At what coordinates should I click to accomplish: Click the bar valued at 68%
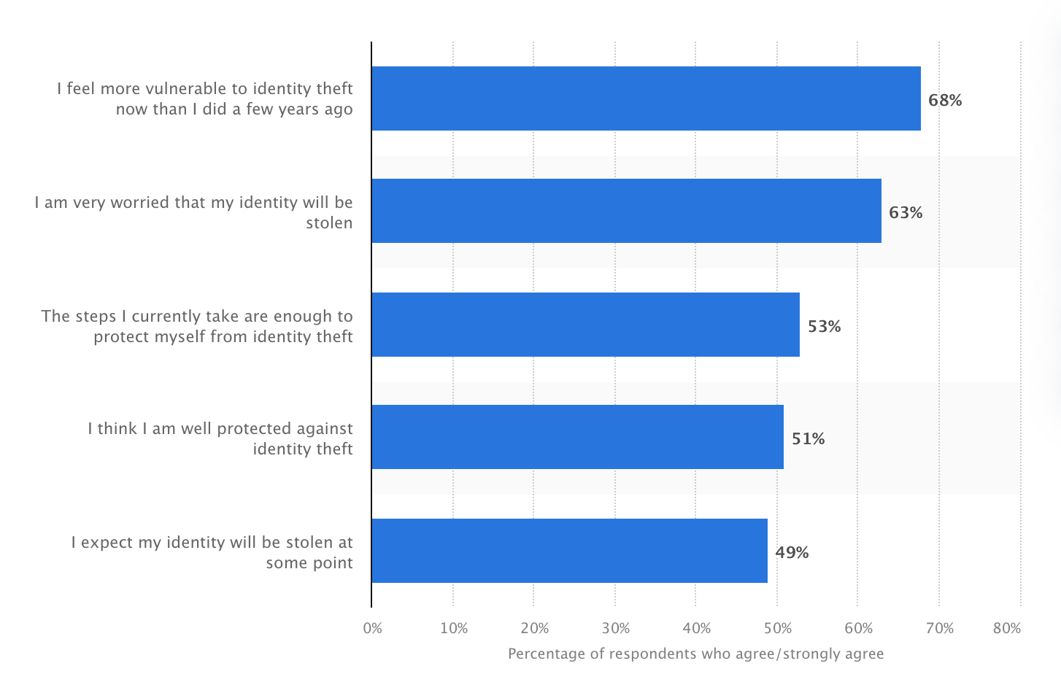click(x=646, y=98)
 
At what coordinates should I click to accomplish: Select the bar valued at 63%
click(x=626, y=211)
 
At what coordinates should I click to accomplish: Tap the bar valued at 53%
click(x=585, y=325)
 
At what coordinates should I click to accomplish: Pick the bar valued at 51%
click(x=577, y=437)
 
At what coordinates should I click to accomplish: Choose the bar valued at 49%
click(x=569, y=551)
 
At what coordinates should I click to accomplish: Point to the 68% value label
click(x=945, y=101)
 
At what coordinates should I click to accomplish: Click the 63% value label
click(x=906, y=213)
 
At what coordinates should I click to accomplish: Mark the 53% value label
click(x=824, y=327)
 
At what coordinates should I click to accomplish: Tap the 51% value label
click(x=809, y=439)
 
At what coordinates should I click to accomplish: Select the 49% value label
click(x=792, y=553)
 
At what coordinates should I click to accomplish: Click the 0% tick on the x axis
click(x=372, y=629)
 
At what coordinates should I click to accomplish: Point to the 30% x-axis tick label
click(x=616, y=629)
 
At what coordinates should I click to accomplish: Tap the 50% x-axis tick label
click(x=778, y=629)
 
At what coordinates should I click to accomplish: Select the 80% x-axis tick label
click(x=1007, y=629)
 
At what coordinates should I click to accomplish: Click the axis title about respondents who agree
click(x=695, y=654)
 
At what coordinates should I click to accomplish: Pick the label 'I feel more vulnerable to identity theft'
click(x=205, y=98)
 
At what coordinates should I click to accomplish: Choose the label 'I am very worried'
click(x=193, y=212)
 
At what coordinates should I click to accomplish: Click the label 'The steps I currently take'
click(x=197, y=326)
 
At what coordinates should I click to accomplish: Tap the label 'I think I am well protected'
click(x=220, y=438)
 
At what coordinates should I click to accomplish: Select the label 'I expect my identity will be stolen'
click(x=212, y=552)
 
